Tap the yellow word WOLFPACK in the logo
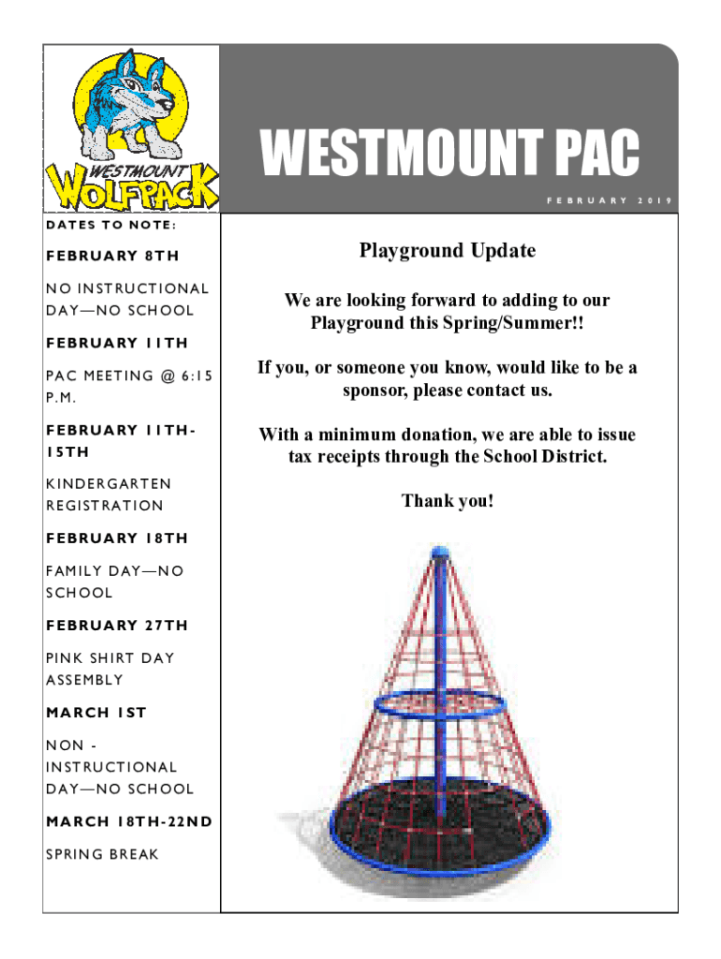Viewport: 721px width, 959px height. pyautogui.click(x=132, y=187)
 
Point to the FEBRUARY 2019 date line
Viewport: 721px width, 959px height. pyautogui.click(x=609, y=200)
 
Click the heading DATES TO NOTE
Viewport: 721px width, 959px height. pyautogui.click(x=111, y=225)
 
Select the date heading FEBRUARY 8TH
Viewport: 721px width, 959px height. pyautogui.click(x=112, y=256)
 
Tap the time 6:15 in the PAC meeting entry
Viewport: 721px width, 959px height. pyautogui.click(x=197, y=376)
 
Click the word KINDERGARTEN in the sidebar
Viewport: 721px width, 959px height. pyautogui.click(x=109, y=484)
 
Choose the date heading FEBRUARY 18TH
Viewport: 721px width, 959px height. pyautogui.click(x=117, y=539)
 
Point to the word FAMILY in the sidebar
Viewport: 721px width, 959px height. pyautogui.click(x=74, y=570)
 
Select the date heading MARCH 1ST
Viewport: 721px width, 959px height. pyautogui.click(x=96, y=713)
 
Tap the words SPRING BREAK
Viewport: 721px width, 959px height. pyautogui.click(x=102, y=854)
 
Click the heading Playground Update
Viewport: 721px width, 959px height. pyautogui.click(x=447, y=251)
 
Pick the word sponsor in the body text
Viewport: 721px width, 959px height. pyautogui.click(x=375, y=391)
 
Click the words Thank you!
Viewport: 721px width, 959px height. pyautogui.click(x=448, y=501)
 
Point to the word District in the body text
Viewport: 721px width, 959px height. pyautogui.click(x=574, y=456)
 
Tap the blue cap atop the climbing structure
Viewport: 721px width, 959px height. pyautogui.click(x=440, y=553)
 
